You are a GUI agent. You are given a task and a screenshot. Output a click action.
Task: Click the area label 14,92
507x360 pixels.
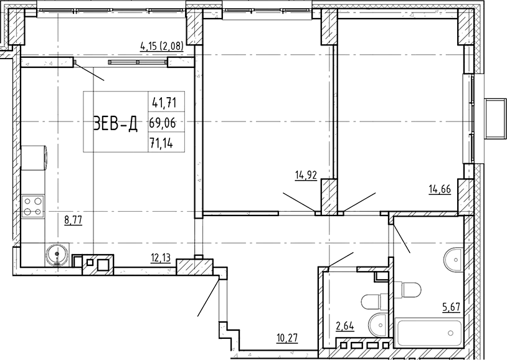point(306,175)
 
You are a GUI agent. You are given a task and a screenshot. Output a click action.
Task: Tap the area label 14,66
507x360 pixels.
point(440,189)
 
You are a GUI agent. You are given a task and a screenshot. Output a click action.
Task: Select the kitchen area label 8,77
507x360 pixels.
point(73,220)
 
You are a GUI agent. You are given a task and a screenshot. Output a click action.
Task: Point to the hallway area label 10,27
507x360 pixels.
point(287,338)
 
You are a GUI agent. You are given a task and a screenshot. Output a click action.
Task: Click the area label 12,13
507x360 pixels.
point(161,258)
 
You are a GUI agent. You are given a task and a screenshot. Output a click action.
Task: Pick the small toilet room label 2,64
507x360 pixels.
point(345,326)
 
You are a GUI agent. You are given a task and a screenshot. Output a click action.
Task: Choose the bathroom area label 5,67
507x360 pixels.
point(451,307)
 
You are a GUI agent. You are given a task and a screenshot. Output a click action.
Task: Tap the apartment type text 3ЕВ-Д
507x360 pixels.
point(115,123)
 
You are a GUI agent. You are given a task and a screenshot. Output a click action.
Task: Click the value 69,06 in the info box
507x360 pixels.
point(163,123)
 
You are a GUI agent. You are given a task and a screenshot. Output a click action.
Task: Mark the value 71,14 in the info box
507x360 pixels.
point(161,143)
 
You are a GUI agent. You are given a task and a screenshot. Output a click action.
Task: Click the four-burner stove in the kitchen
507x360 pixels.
point(33,206)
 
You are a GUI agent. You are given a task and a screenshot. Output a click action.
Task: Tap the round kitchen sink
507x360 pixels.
point(57,255)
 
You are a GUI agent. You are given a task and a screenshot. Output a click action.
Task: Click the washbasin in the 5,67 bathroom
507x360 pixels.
point(454,259)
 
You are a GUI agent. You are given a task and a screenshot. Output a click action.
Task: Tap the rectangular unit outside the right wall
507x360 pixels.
point(495,119)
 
